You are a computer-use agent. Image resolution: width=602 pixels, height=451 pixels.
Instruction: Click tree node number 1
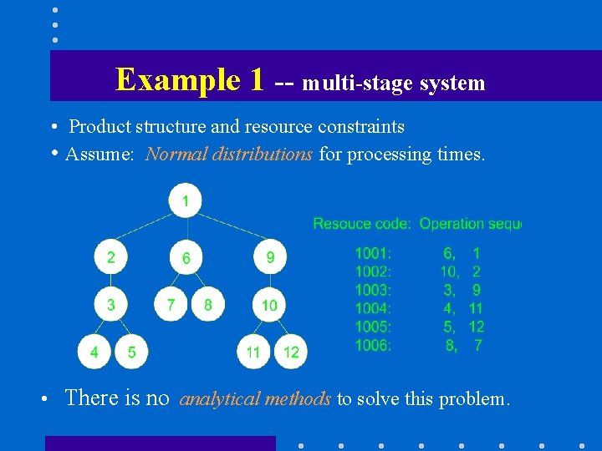coord(185,200)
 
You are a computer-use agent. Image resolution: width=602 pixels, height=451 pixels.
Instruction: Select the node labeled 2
coord(111,257)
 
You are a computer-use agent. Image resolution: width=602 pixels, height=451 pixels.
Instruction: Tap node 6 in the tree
coord(186,258)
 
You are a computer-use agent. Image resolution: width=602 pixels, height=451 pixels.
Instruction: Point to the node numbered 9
coord(270,257)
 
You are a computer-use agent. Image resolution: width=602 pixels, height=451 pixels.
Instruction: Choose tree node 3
coord(111,305)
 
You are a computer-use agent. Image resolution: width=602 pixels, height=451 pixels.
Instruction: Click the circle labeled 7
coord(171,305)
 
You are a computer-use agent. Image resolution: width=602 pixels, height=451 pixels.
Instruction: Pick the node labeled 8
coord(208,305)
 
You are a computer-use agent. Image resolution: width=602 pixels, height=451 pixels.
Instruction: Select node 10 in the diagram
coord(269,305)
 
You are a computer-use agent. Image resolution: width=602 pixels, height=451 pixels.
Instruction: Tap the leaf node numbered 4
coord(94,352)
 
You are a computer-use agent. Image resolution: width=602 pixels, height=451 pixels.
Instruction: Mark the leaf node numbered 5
coord(131,352)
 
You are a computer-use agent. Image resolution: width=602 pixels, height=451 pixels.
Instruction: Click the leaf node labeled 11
coord(253,352)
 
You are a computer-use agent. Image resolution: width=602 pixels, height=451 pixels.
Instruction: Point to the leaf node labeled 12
coord(291,352)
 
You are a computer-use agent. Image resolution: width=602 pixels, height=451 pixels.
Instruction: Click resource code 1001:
coord(373,253)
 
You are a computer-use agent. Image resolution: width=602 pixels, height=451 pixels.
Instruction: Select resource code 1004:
coord(373,308)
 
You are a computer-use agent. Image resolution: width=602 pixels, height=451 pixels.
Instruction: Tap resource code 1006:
coord(373,345)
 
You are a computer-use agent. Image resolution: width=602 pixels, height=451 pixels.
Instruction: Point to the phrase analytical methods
coord(255,399)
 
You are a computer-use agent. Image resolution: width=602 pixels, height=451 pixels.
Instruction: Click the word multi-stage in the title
coord(351,84)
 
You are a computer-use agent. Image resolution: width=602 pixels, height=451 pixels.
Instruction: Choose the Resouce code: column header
coord(361,224)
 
